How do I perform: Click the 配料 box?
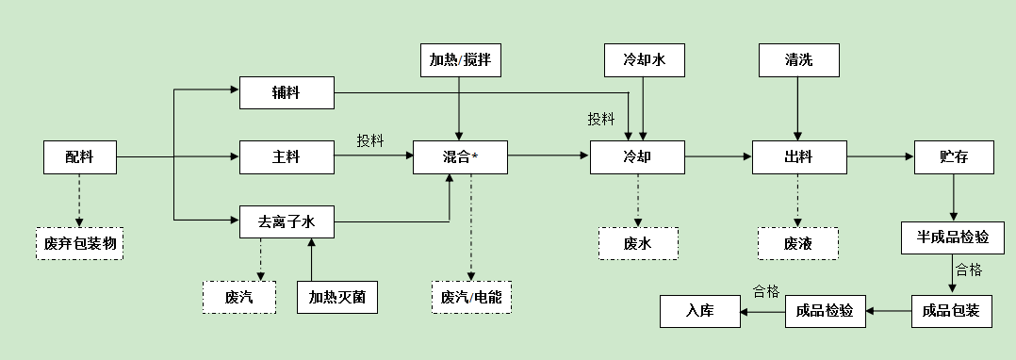80,157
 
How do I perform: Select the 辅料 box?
287,93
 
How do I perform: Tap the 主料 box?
287,157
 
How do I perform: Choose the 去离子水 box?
287,222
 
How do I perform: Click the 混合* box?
460,157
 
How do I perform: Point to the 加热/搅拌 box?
460,61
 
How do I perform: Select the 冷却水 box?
645,61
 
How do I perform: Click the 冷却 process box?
638,157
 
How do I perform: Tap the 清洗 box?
798,61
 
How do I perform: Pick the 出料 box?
798,157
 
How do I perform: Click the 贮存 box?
954,157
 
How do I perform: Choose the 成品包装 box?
952,311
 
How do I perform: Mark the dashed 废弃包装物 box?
79,244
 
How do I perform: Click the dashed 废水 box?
638,243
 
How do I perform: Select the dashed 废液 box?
797,243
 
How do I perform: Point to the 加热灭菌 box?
336,298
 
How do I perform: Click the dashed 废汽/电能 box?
472,297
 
